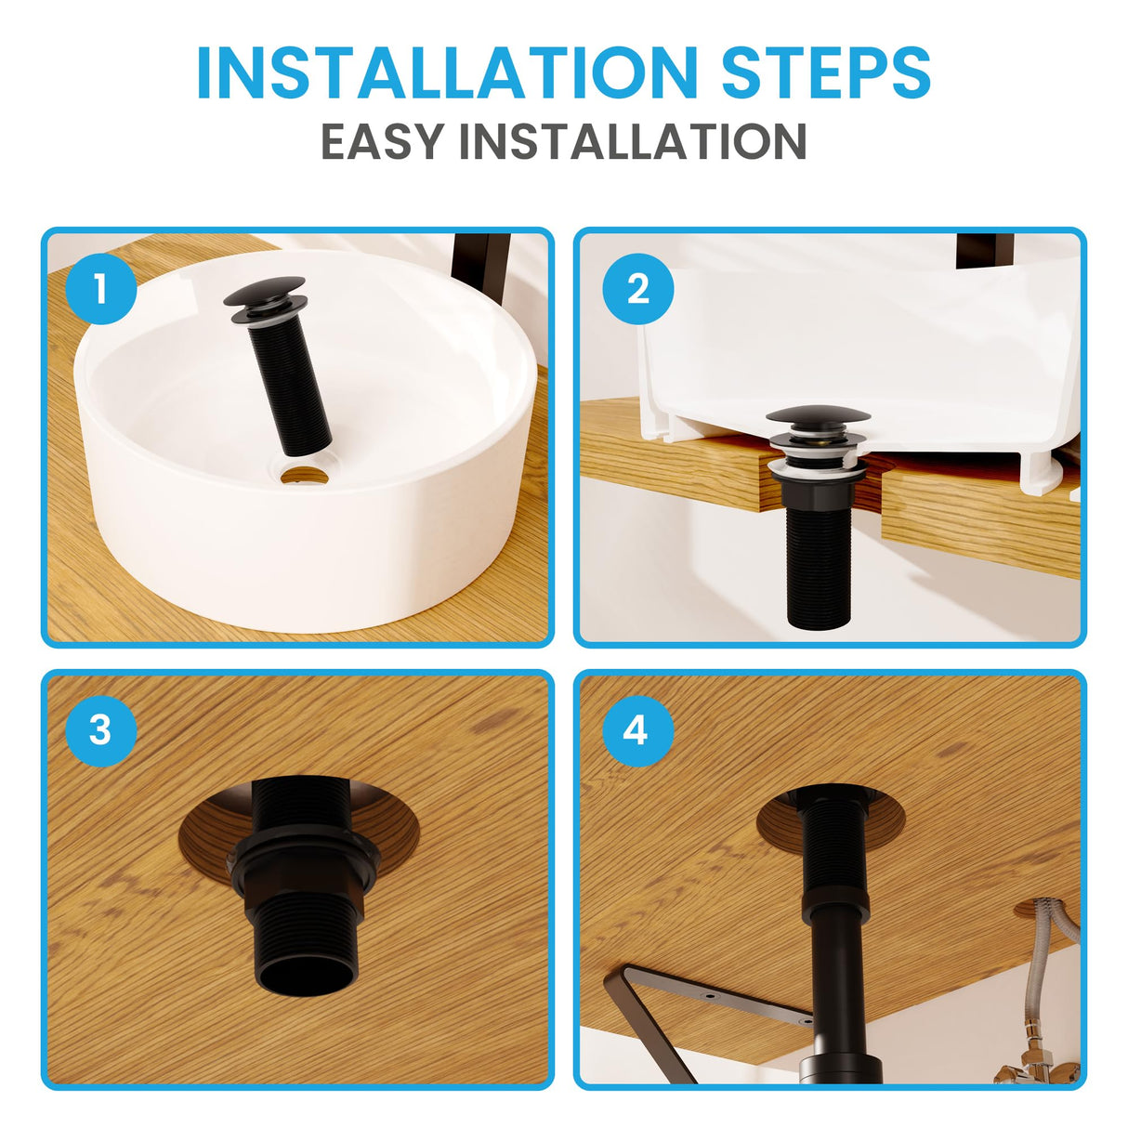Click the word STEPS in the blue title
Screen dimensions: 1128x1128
click(x=826, y=73)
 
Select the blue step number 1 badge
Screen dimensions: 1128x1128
click(x=101, y=289)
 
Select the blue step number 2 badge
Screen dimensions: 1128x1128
click(x=637, y=289)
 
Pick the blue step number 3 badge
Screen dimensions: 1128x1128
click(x=101, y=730)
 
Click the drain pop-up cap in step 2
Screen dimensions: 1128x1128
click(x=818, y=415)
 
